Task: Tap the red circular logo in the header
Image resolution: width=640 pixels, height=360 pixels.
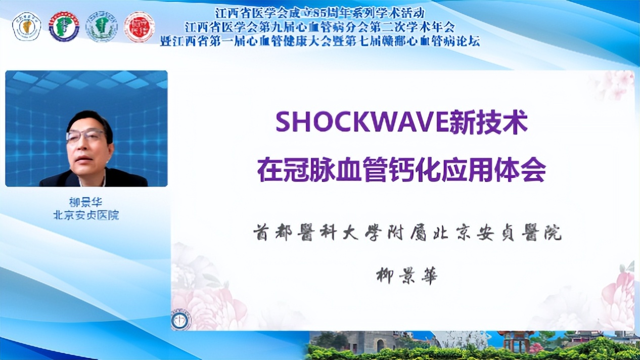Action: click(140, 27)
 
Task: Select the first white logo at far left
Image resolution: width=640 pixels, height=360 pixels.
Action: click(26, 27)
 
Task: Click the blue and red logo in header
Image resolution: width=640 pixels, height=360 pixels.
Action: click(64, 27)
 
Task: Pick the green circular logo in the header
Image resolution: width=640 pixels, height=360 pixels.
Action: click(102, 27)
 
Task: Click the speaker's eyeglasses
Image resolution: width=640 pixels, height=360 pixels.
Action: click(85, 136)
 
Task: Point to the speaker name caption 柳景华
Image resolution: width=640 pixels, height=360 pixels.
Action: click(86, 202)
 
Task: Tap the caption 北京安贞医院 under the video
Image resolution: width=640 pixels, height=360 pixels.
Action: click(86, 215)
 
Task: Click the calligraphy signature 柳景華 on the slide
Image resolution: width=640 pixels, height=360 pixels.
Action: click(407, 276)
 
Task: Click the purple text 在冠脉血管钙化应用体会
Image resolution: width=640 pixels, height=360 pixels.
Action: click(401, 170)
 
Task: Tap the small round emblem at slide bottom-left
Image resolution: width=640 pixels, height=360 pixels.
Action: click(181, 320)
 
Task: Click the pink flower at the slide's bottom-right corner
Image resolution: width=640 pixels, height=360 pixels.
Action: click(619, 298)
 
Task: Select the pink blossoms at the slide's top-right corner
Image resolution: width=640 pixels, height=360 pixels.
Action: click(614, 83)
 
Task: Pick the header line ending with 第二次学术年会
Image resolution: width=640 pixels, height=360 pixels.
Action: click(319, 26)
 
